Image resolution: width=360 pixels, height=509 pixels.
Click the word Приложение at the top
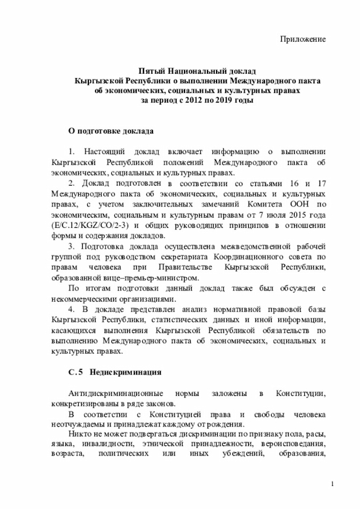pos(304,39)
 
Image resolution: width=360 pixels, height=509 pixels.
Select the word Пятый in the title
pos(153,71)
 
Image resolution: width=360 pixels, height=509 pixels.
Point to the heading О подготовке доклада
pos(110,130)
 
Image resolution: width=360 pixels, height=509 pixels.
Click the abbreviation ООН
pos(302,204)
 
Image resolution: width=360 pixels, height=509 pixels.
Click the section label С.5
pos(75,372)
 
